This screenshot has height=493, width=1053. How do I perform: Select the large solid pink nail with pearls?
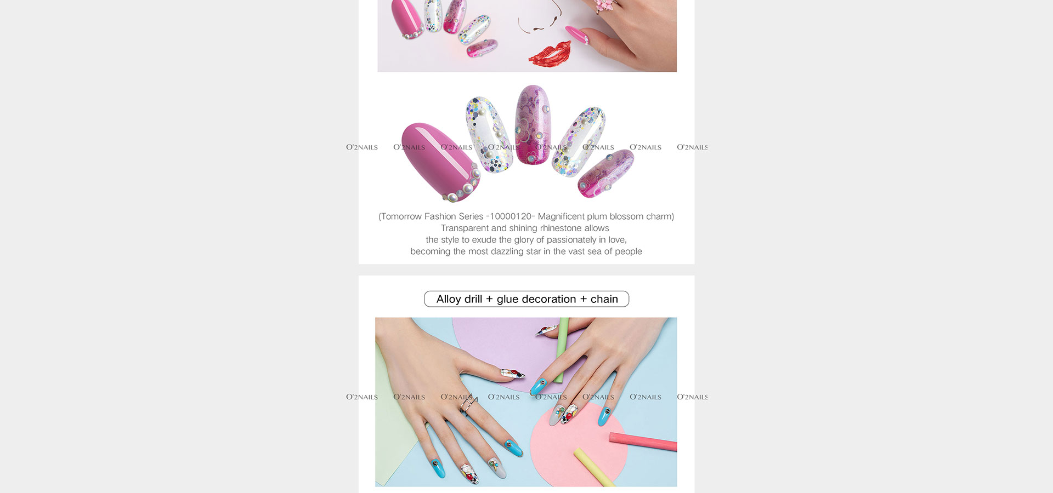click(440, 161)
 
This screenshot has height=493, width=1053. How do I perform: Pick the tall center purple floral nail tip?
click(532, 124)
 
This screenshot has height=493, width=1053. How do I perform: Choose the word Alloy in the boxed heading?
click(449, 299)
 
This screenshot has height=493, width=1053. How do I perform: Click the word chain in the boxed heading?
click(604, 299)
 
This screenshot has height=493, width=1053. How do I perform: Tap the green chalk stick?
click(562, 350)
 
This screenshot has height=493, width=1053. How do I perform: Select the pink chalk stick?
click(643, 442)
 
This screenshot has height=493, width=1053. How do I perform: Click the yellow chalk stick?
click(595, 467)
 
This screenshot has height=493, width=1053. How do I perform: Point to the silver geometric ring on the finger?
click(468, 405)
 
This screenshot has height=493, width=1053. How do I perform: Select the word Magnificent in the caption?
click(561, 216)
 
